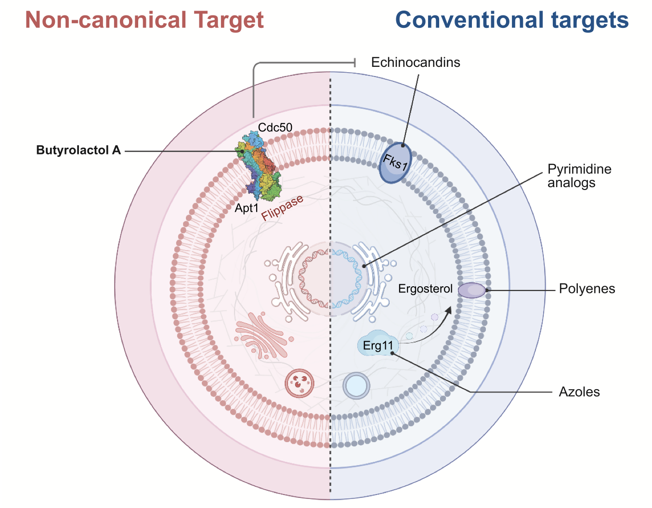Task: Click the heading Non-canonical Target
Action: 144,20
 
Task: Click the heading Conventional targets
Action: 512,20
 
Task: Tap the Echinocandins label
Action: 416,63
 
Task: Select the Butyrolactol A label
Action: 78,151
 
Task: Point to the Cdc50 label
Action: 275,127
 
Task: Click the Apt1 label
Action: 247,209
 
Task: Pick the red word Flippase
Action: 283,208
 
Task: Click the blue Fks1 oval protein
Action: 395,163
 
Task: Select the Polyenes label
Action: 587,289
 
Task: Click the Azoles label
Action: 579,392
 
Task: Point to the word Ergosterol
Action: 426,289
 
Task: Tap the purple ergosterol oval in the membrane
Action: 471,290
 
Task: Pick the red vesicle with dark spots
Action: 300,383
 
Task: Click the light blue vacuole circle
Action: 356,385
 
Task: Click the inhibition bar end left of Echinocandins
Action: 355,63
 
